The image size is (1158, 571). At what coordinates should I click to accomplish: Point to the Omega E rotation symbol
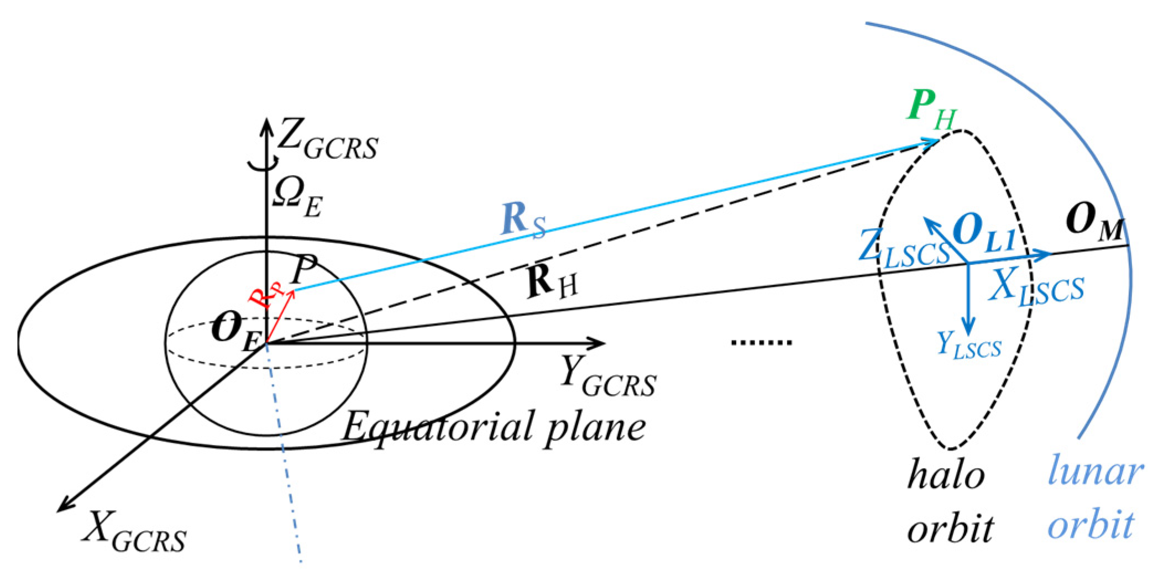click(x=297, y=198)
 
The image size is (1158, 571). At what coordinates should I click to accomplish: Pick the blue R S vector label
click(x=522, y=221)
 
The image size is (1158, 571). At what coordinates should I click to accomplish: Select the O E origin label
click(x=235, y=332)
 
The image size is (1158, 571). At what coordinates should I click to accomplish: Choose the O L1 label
click(x=984, y=232)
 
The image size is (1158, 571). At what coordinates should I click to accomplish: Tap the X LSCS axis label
click(x=1036, y=287)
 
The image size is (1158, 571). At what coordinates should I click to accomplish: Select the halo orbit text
click(x=949, y=500)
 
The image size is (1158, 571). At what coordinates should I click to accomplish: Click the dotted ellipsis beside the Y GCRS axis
click(x=762, y=343)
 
